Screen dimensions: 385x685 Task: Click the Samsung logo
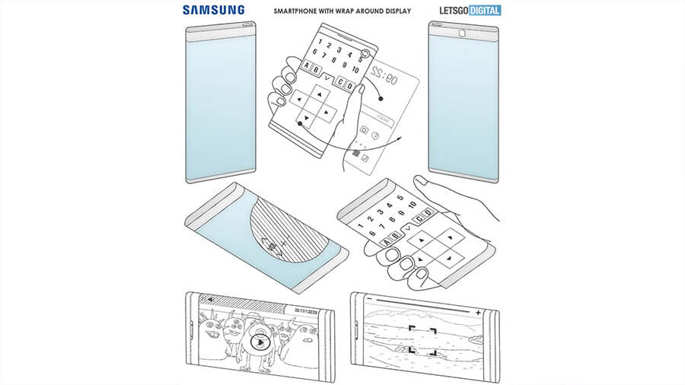(214, 10)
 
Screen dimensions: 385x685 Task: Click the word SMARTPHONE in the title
(302, 11)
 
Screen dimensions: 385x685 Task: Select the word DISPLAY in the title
(394, 11)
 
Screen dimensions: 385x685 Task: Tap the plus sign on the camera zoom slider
(477, 311)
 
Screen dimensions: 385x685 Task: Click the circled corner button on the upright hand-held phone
(366, 54)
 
